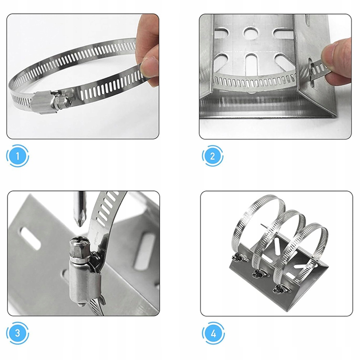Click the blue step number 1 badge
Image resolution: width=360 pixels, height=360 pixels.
pos(18,156)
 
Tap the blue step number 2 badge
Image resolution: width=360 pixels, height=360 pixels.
pos(213,156)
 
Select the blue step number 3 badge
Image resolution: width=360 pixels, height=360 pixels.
pos(18,333)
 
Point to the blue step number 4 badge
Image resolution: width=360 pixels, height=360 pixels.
pos(213,333)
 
